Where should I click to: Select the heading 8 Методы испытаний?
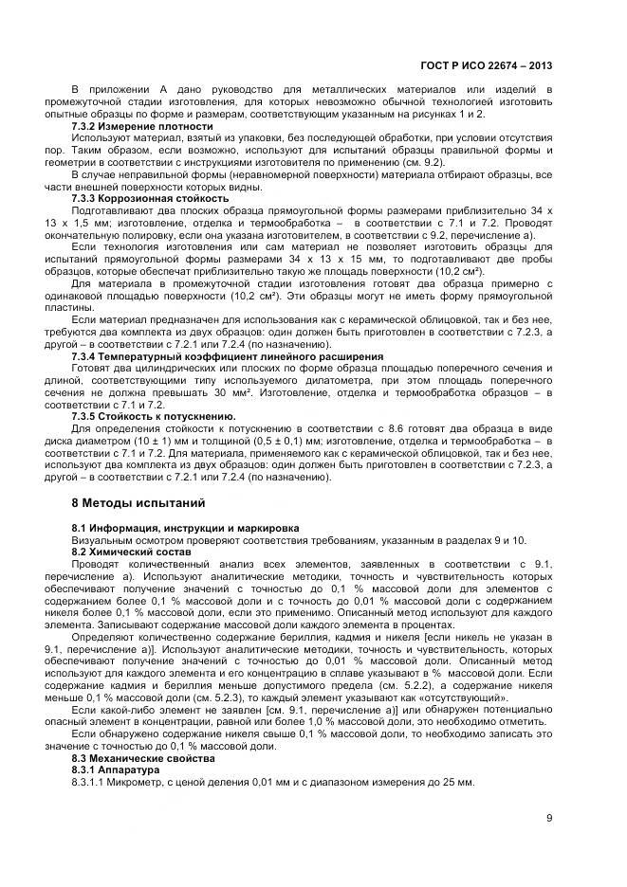pos(138,501)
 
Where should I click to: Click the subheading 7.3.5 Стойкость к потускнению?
pos(155,416)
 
